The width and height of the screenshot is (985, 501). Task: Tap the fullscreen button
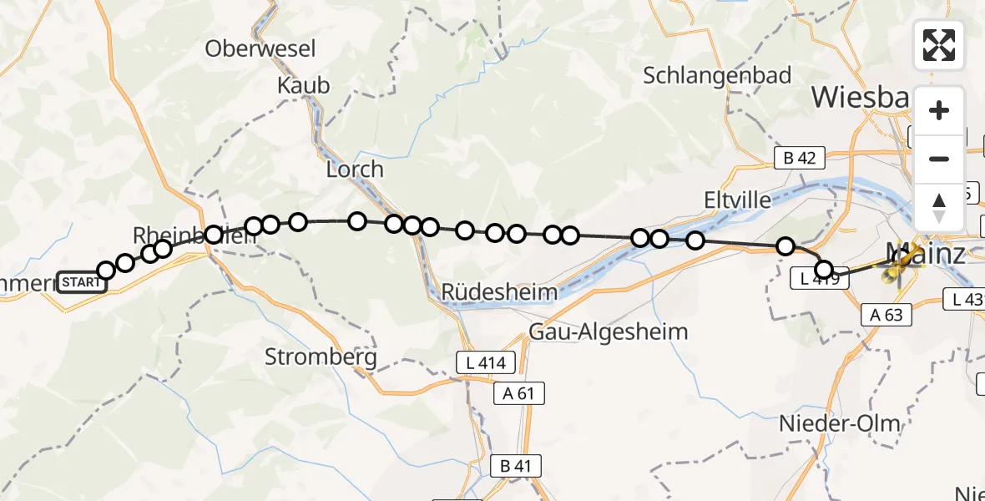(939, 45)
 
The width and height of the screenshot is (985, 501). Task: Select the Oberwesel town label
(260, 49)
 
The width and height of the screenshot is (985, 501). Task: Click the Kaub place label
(304, 85)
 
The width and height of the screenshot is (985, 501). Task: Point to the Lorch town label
(355, 170)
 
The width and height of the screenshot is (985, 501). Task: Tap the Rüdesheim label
(499, 292)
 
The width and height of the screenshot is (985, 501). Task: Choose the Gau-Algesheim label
(609, 331)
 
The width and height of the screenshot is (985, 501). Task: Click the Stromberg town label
(321, 357)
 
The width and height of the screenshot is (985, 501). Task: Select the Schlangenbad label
(717, 76)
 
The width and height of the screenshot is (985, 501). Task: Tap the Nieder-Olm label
(839, 423)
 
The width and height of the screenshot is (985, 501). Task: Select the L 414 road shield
(486, 362)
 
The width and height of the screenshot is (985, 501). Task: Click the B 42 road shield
(799, 156)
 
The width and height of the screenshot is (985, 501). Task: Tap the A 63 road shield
(886, 314)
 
